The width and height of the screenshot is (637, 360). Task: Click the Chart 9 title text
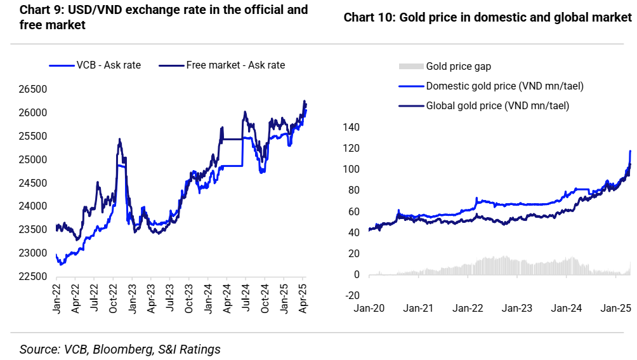(164, 17)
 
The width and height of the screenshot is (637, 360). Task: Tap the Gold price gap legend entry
(458, 66)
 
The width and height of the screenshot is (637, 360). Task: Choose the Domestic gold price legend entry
(504, 86)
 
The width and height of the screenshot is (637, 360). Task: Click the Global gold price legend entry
(497, 105)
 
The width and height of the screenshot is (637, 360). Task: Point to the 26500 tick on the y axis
(34, 90)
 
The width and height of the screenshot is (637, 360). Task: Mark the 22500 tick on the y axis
(34, 276)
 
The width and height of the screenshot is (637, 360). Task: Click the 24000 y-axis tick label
(34, 206)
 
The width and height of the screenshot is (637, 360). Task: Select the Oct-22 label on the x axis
(114, 303)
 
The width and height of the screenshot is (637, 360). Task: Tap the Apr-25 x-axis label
(303, 303)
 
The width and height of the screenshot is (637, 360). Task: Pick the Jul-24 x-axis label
(246, 303)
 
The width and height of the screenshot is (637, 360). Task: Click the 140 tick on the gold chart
(351, 128)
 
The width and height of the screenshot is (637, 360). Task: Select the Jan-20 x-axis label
(369, 309)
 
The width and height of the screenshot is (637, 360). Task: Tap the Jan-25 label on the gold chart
(615, 309)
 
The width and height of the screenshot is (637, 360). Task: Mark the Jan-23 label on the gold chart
(517, 309)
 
